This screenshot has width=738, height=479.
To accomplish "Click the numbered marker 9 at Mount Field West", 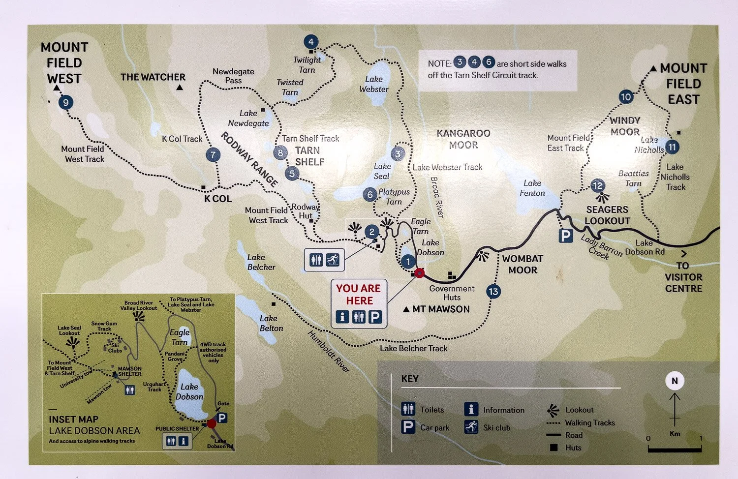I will tap(65, 102).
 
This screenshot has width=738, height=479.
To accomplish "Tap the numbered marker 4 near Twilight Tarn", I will tap(310, 42).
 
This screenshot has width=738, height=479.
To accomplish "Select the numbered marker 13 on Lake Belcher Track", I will tap(493, 292).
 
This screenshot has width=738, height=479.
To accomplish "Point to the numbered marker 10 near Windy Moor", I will tap(626, 97).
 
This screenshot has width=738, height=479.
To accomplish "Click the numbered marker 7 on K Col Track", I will tap(213, 155).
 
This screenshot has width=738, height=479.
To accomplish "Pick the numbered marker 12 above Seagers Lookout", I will tap(597, 185).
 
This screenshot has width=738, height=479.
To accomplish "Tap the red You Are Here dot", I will tap(419, 273).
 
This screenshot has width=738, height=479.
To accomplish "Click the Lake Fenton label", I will tap(532, 188).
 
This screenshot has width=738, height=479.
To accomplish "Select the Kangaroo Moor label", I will tap(463, 139).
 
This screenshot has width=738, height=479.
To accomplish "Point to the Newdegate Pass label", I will tap(233, 76).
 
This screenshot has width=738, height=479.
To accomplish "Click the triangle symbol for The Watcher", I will tap(180, 88).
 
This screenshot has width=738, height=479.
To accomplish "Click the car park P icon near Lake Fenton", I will tap(566, 236).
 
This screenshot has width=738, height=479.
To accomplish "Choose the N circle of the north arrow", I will tap(675, 381).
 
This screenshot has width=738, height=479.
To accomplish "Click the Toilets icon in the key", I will tap(408, 409).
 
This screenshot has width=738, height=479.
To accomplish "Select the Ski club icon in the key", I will tap(471, 427).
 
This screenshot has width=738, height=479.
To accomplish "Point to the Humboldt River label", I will tap(329, 351).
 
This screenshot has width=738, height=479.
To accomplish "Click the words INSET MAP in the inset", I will tap(73, 419).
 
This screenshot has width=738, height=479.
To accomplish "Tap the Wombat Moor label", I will tap(523, 264).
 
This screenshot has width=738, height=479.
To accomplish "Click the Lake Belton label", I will tap(271, 323).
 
